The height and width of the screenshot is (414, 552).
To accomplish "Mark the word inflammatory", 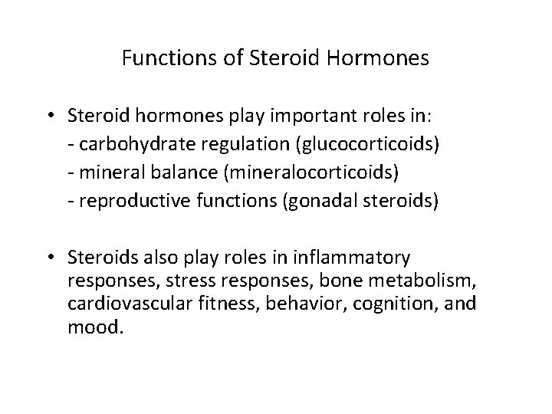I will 357,256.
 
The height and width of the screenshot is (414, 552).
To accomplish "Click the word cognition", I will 408,304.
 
